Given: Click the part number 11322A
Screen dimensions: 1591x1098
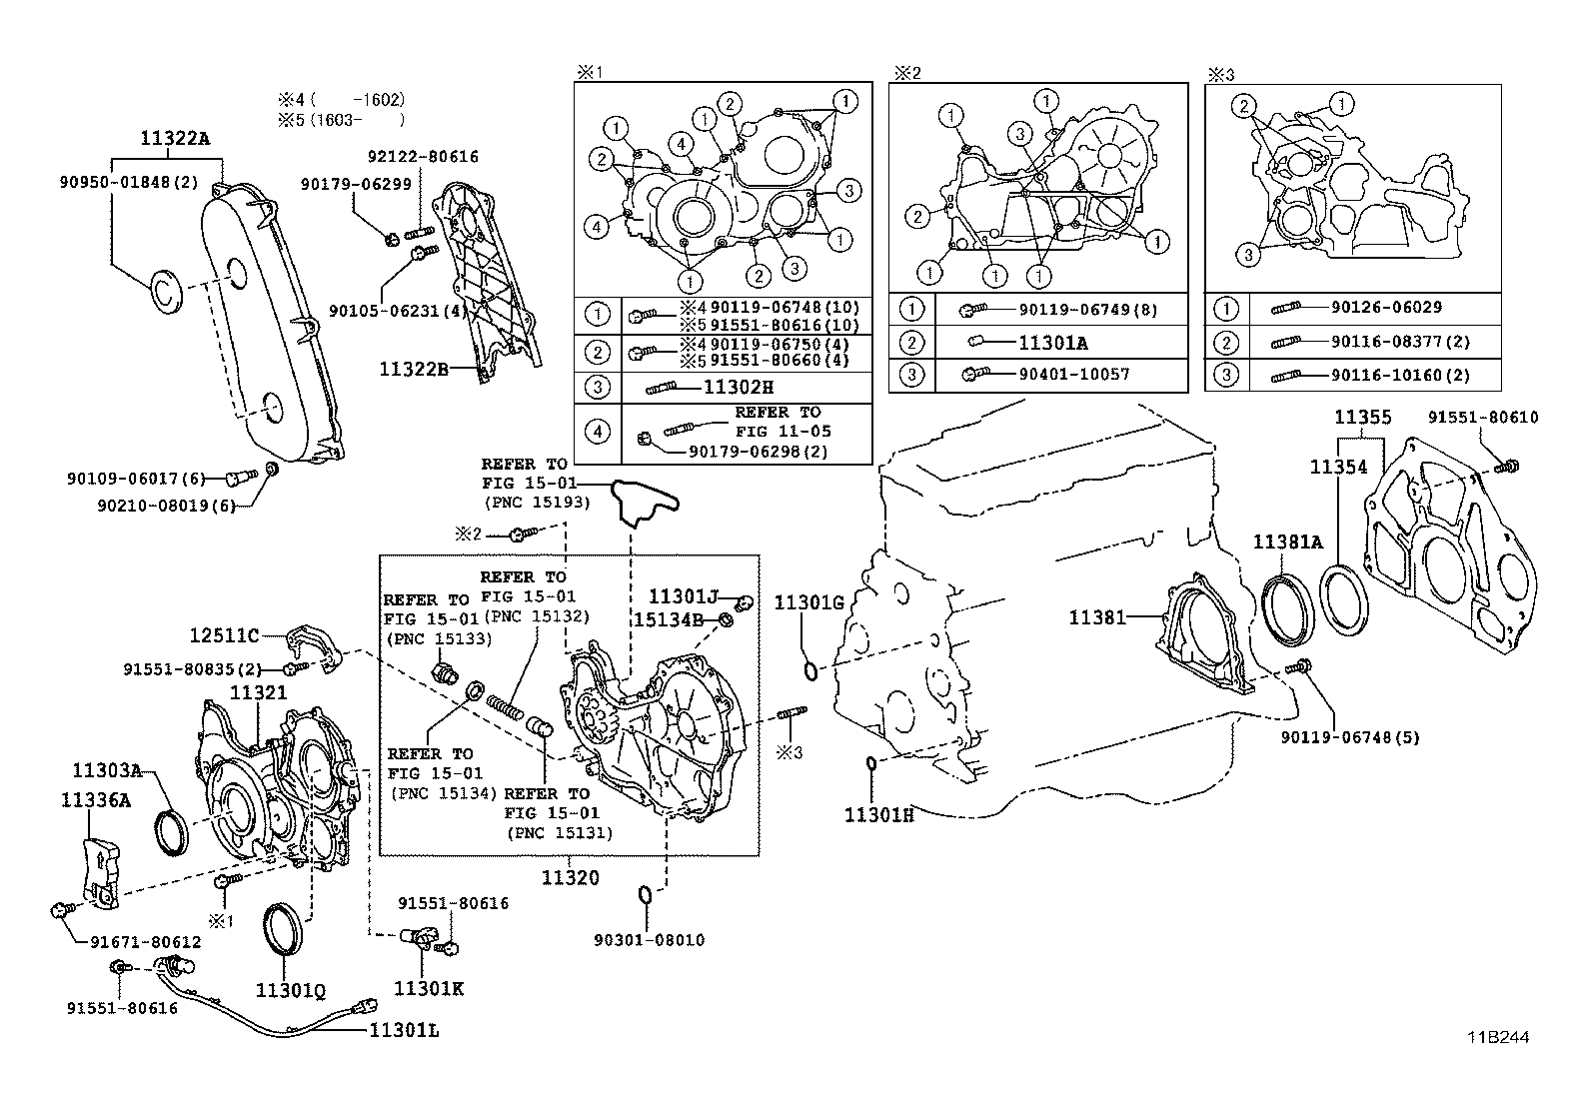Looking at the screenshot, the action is pos(175,138).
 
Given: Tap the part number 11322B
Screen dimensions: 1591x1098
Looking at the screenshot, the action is pos(414,370).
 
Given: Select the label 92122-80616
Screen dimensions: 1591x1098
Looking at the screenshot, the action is pos(424,156).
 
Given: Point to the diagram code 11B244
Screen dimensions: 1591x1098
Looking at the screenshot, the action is pos(1498,1038).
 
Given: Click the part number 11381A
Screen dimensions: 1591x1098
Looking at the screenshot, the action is pos(1288,543).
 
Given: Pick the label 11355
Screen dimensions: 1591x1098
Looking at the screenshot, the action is pos(1362,417).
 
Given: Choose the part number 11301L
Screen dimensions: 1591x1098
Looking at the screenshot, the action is pos(404,1030).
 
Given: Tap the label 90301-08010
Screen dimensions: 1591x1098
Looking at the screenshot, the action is pos(650,940).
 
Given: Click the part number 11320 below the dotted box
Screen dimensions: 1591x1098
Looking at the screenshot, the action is pos(571,878).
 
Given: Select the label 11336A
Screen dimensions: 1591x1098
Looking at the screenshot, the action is pos(96,800).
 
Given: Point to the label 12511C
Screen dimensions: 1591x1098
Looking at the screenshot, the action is pos(224,635).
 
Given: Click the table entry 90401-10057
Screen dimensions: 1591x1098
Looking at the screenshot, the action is pos(1074,375).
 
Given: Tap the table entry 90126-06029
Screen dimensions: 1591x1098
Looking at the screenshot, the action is pos(1386,308).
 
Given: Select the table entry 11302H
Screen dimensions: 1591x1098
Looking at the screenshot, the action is pos(738,387).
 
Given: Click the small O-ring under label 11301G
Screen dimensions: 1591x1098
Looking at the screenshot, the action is pos(810,669).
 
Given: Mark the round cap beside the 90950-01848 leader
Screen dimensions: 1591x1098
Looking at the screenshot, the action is pos(166,291).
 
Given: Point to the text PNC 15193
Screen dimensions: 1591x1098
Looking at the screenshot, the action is pos(538,503).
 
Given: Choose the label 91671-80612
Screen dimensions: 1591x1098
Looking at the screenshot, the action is pos(146,942).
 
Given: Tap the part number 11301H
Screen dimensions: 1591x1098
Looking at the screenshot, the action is pos(878,814).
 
